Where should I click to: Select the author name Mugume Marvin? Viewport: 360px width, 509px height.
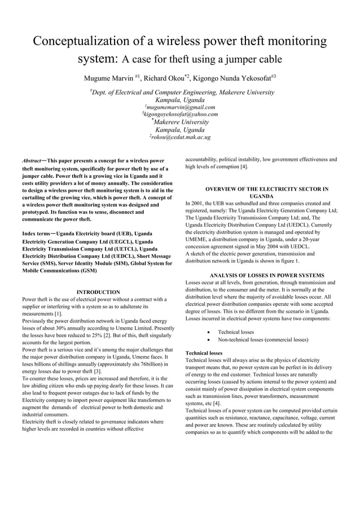[x=108, y=77]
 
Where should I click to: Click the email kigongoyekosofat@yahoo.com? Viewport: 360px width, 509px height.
[x=181, y=114]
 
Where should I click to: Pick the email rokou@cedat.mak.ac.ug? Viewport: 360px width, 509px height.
[x=181, y=137]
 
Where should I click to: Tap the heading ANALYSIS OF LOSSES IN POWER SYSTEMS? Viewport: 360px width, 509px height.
[x=258, y=275]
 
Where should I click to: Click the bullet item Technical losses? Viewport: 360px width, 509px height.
[x=236, y=332]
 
